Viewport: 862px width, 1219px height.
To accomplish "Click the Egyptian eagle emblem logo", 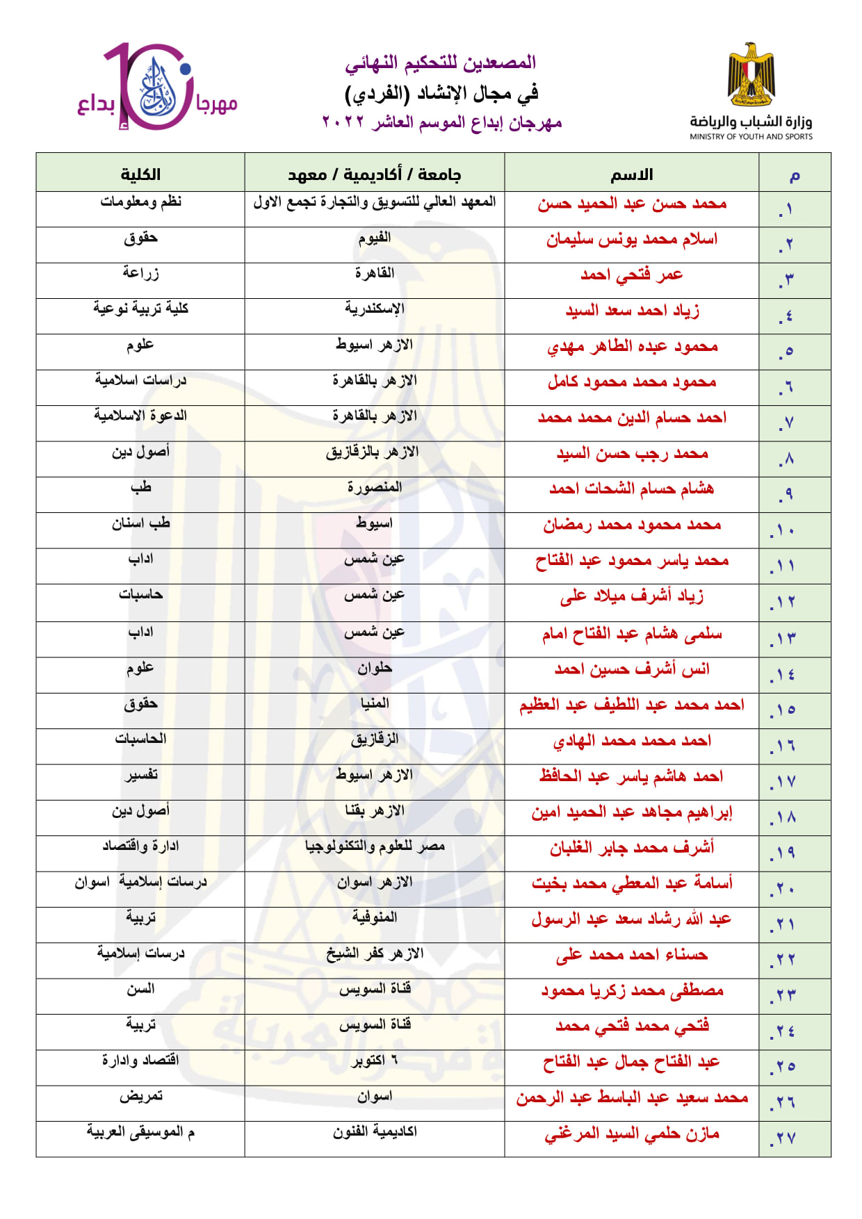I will [751, 75].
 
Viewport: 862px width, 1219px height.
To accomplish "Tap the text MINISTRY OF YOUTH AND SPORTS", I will [751, 137].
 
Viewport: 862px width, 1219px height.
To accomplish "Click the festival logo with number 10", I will [157, 88].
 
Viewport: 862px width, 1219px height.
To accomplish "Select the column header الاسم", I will [631, 174].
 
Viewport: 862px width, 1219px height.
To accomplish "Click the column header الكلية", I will [140, 174].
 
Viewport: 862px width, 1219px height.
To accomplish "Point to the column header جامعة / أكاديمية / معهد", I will [375, 174].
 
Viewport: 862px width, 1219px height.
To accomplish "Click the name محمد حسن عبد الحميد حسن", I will [631, 204].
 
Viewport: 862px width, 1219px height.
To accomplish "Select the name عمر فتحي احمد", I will [631, 275].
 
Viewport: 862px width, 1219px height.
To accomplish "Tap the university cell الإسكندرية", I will [375, 309].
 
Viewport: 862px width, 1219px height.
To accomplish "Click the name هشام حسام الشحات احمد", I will [631, 489].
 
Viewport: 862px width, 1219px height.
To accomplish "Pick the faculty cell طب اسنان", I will [140, 523].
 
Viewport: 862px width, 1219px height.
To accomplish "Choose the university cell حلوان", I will [375, 669].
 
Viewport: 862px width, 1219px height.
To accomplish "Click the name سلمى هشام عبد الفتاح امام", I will [631, 634].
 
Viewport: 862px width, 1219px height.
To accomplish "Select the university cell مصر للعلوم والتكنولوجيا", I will [375, 846].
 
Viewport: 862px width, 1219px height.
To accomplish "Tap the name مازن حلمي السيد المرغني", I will [631, 1134].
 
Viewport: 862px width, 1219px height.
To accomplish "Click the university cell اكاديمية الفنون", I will [375, 1132].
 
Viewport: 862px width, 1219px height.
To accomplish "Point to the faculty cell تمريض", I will [140, 1097].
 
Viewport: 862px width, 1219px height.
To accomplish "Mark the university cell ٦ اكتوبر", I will [375, 1061].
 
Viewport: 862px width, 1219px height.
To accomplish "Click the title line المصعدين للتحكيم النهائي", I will [441, 63].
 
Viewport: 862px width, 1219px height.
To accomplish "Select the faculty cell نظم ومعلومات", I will [140, 202].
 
